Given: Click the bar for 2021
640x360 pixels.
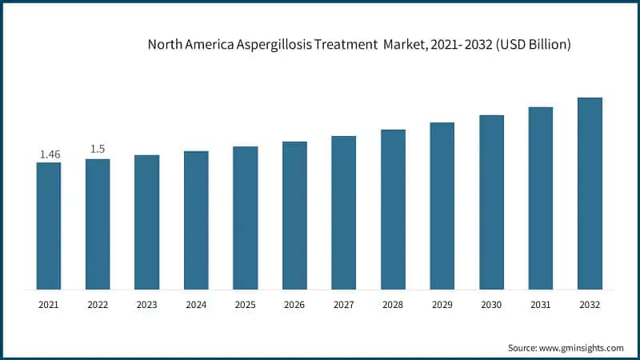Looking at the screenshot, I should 49,226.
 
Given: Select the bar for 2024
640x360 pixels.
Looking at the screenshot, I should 196,220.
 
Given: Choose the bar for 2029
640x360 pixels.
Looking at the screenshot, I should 442,206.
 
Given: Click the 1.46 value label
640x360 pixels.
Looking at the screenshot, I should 50,154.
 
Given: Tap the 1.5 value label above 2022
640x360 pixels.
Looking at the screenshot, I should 98,149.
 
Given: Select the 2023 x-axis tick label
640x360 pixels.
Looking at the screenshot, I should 146,305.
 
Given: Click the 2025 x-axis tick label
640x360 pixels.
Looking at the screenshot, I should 245,305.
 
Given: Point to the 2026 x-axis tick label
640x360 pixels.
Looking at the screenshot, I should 294,305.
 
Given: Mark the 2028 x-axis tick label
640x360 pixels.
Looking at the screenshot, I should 393,305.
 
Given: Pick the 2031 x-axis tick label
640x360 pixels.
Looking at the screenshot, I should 540,305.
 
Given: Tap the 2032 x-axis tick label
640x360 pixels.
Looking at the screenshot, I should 590,305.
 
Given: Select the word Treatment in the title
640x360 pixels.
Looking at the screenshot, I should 354,45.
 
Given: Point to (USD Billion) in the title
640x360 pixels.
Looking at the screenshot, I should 532,45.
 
